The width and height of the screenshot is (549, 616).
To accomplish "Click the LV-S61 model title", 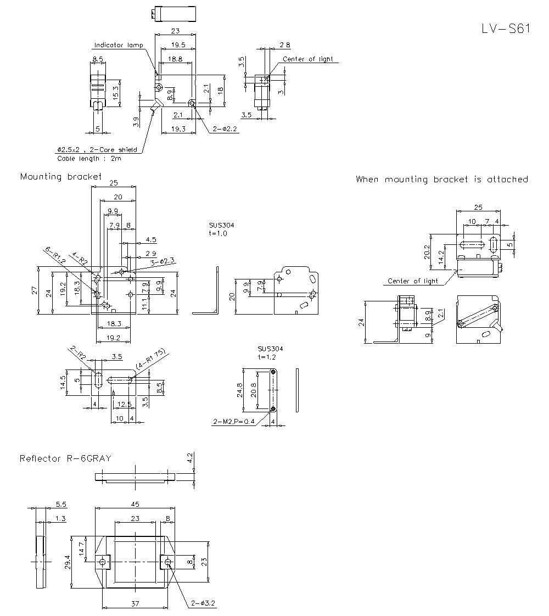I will point(505,29).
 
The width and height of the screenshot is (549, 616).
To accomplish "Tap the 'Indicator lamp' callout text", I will point(118,45).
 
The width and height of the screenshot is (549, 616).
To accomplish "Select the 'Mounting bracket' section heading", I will point(61,177).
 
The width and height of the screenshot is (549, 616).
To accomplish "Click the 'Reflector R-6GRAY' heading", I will point(65,458).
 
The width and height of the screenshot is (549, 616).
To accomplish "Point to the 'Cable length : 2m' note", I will point(89,159).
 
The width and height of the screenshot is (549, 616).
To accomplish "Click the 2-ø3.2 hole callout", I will point(203,603).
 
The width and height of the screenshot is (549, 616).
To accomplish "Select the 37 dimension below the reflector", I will point(135,604).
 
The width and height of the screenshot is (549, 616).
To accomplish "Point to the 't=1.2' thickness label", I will point(267,357).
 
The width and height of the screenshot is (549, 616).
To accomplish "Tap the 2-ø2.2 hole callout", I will point(225,128).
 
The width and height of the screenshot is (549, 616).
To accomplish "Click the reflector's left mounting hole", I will point(102,562).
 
